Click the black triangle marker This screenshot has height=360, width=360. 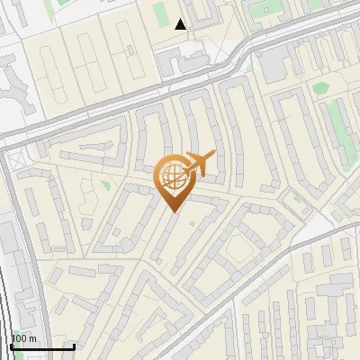[x=182, y=24]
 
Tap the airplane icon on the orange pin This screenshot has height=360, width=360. [x=197, y=164]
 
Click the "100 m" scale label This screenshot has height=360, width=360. [x=22, y=338]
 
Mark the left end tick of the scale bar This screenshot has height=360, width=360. [x=11, y=346]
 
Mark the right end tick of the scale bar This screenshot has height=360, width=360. [x=74, y=346]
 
